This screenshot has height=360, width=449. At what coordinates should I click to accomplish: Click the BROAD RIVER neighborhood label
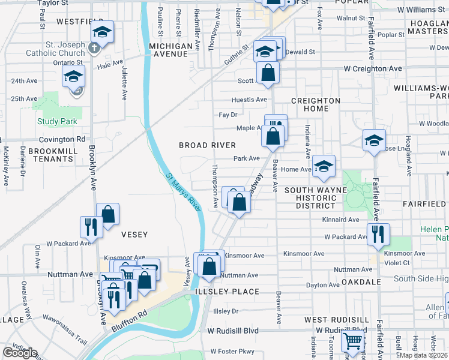click(207, 145)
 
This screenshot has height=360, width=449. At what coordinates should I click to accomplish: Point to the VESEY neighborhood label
click(134, 234)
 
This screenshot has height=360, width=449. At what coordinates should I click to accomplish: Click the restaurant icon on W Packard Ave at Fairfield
click(378, 232)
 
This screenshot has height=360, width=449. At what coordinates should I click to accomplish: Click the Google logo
click(20, 352)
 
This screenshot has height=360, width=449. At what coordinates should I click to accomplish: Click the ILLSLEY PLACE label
click(227, 292)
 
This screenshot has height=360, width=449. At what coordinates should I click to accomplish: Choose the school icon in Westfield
click(103, 32)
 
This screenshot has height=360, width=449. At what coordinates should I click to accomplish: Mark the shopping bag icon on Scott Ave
click(268, 73)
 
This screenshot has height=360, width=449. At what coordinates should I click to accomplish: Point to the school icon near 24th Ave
click(73, 76)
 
